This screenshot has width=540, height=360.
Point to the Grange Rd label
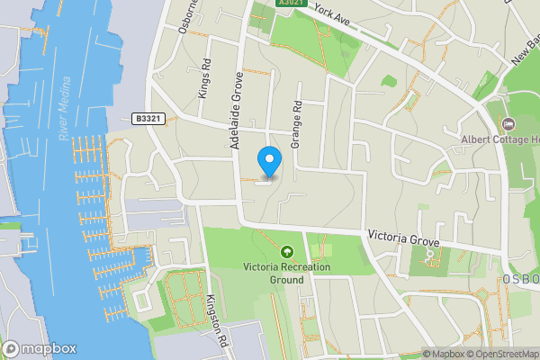294,124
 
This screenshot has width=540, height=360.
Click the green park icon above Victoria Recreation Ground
288,252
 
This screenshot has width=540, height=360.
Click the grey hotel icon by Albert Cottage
507,123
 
